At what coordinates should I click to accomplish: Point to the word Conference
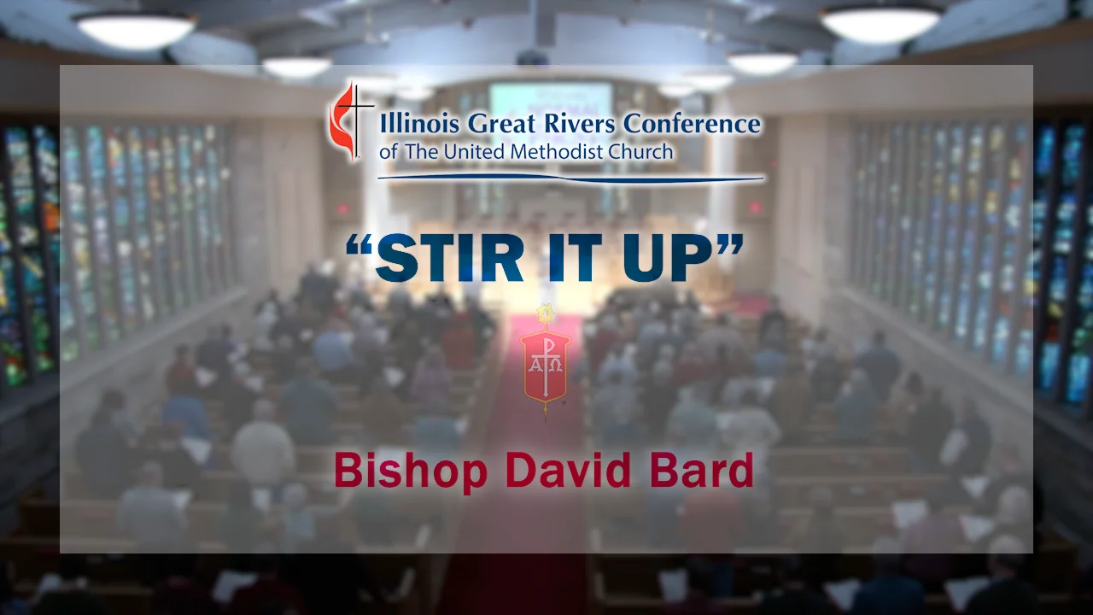[x=692, y=125]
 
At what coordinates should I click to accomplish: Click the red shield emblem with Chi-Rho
[x=545, y=361]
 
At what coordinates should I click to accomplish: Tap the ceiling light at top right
[x=881, y=23]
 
